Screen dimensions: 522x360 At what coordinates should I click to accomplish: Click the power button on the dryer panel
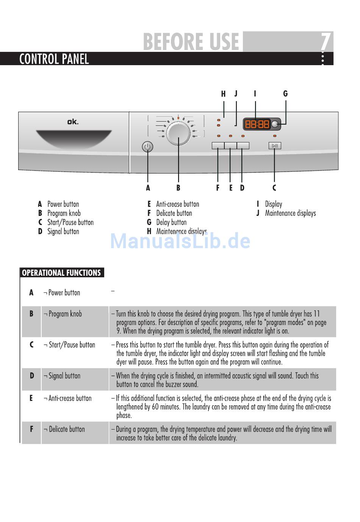click(x=147, y=147)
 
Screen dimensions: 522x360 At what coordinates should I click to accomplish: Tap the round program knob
click(x=178, y=133)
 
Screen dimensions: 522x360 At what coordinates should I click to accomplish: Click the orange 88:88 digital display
click(x=257, y=124)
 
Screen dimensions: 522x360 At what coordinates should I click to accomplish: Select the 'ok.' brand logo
click(x=73, y=122)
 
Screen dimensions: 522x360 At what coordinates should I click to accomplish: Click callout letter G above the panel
click(x=285, y=94)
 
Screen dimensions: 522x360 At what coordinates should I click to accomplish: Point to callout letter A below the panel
click(x=148, y=188)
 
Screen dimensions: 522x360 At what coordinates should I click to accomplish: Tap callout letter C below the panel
click(x=274, y=188)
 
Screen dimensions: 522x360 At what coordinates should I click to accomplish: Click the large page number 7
click(x=326, y=42)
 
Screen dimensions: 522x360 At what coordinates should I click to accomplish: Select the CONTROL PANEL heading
click(x=54, y=59)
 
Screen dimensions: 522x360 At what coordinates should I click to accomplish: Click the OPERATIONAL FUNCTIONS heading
click(x=61, y=273)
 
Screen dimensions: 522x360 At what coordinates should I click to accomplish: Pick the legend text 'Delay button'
click(x=171, y=222)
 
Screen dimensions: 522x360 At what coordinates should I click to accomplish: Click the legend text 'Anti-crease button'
click(x=177, y=204)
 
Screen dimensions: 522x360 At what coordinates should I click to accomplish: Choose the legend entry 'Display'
click(x=274, y=204)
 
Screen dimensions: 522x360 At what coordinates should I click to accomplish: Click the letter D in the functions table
click(x=31, y=376)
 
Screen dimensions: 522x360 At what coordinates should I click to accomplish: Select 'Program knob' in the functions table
click(x=65, y=314)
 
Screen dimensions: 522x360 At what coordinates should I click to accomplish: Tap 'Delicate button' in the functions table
click(x=67, y=429)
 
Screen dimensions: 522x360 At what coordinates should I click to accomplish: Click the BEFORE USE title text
click(x=191, y=42)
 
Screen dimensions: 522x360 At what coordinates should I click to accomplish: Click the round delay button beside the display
click(x=275, y=124)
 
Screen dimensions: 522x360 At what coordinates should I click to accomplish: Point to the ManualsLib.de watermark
click(x=180, y=241)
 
